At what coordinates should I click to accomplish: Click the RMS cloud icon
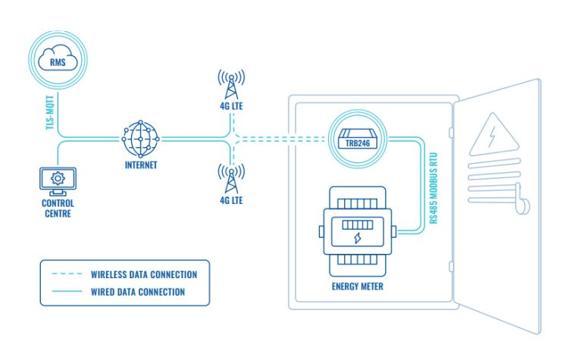tap(58, 60)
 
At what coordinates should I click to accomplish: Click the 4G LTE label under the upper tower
tap(231, 107)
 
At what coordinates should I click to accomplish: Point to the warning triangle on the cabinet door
tap(493, 137)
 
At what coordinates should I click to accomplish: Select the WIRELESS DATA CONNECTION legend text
tap(144, 274)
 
